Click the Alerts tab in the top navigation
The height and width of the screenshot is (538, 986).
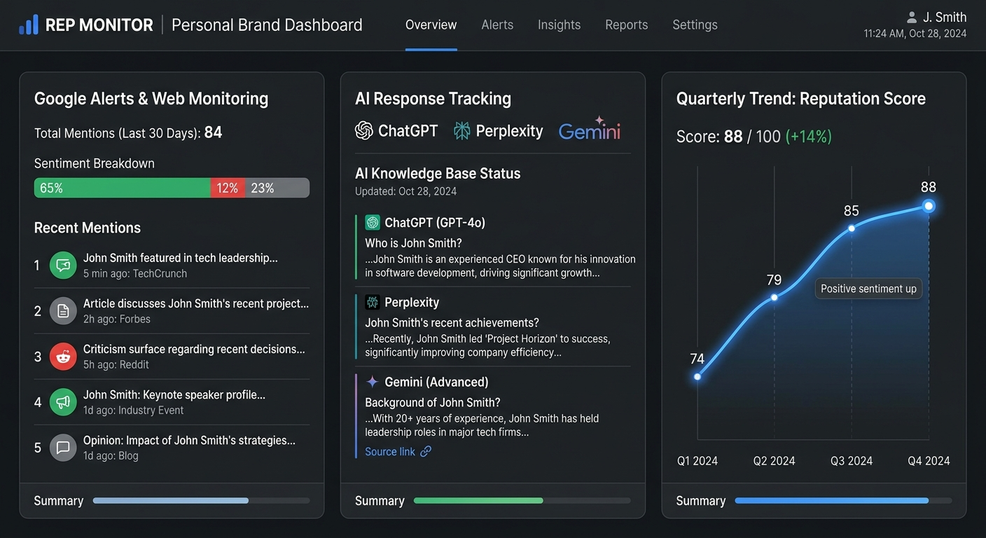coord(497,25)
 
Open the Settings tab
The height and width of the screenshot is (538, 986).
coord(695,25)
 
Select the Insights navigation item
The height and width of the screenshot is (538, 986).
coord(559,25)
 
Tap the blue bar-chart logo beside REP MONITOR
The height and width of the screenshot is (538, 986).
coord(29,25)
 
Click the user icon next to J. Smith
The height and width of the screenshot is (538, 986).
coord(911,18)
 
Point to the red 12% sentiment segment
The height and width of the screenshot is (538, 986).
coord(228,188)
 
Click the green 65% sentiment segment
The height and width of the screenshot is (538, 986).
coord(123,188)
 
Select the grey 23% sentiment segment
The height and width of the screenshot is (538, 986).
coord(277,188)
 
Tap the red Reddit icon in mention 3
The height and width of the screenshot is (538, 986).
coord(63,357)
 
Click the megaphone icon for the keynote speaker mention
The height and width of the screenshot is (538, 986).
coord(63,402)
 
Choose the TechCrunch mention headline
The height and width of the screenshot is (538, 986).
coord(181,258)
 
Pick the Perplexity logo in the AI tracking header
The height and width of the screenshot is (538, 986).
coord(498,131)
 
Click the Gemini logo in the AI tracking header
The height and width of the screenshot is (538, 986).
coord(590,130)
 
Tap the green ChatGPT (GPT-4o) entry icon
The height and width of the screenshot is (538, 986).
coord(373,223)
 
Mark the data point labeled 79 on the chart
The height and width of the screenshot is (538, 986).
coord(774,297)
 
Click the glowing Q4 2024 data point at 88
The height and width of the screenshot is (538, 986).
coord(929,206)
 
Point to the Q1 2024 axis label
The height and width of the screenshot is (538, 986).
coord(697,460)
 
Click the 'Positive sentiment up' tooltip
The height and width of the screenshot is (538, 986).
coord(868,289)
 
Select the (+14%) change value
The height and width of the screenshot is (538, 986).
coord(808,137)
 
